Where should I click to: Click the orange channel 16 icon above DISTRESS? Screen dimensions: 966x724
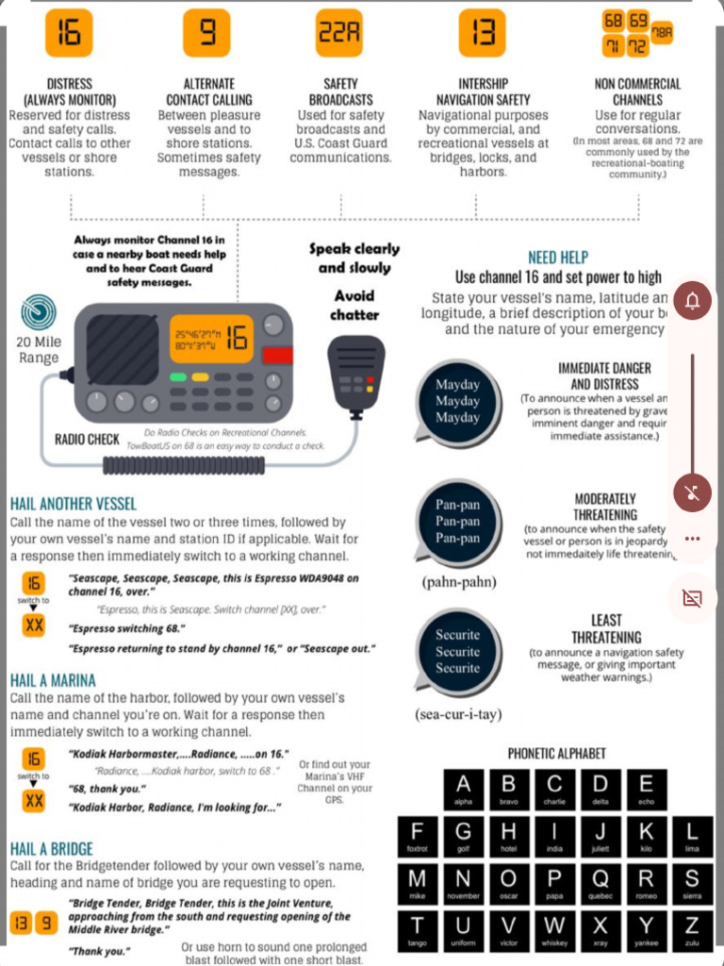69,33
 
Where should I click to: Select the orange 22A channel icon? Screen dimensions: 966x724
340,33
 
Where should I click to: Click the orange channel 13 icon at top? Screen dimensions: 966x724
482,33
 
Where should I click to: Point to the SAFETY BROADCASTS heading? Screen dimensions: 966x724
340,92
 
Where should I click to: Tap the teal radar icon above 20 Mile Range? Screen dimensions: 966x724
38,312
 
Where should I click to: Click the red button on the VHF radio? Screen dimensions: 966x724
277,356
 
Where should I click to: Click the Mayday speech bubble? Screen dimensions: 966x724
457,402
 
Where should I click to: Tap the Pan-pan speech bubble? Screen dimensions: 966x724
457,522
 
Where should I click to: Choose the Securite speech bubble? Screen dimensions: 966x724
457,652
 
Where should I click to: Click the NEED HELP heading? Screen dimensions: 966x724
558,258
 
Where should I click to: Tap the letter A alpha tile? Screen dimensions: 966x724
463,789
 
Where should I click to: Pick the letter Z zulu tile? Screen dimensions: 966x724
692,928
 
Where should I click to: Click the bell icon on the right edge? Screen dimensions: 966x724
693,301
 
